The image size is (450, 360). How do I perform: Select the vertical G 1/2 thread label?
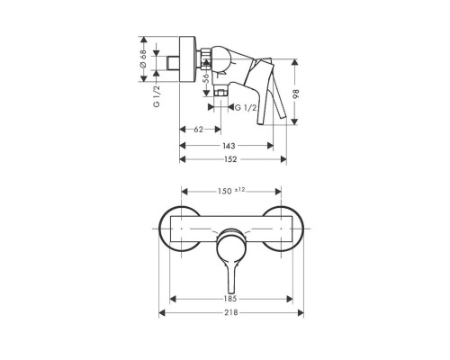tap(157, 93)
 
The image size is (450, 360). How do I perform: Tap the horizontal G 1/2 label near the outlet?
tap(245, 108)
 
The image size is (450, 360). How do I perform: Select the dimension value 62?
tap(198, 130)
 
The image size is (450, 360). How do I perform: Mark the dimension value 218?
tap(230, 312)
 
